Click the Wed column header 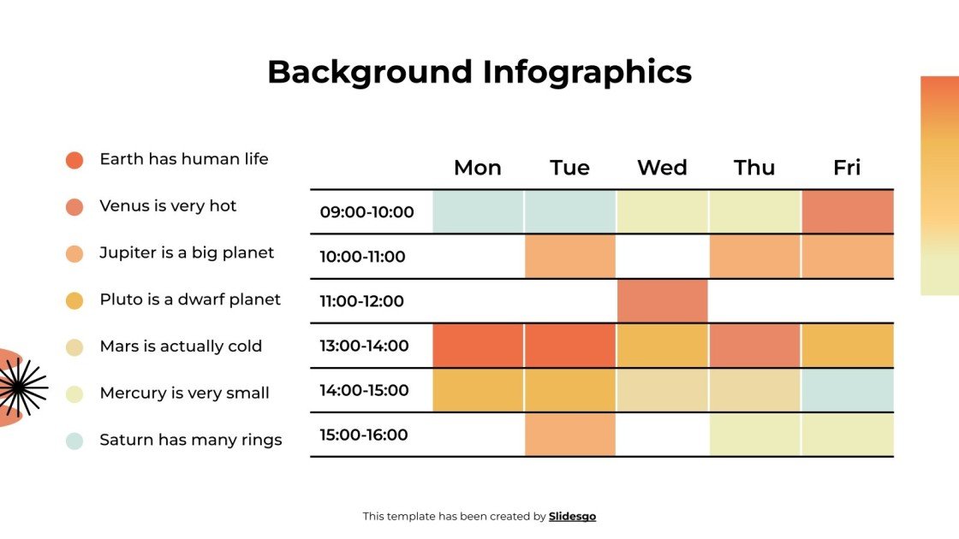pos(662,168)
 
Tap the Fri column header pos(847,168)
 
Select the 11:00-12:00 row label pos(361,301)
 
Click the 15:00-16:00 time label pos(364,435)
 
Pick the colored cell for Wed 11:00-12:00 pos(662,301)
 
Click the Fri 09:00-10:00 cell pos(847,212)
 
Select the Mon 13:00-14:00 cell pos(478,346)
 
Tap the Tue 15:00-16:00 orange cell pos(570,435)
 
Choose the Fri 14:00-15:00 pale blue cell pos(847,390)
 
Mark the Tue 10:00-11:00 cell pos(570,257)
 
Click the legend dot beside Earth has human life pos(74,160)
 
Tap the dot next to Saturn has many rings pos(74,441)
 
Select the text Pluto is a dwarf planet pos(190,299)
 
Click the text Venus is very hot pos(168,206)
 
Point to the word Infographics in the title pos(587,72)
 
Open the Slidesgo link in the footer pos(572,517)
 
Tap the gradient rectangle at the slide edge pos(939,186)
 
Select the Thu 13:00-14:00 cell pos(754,346)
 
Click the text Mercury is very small pos(184,394)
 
